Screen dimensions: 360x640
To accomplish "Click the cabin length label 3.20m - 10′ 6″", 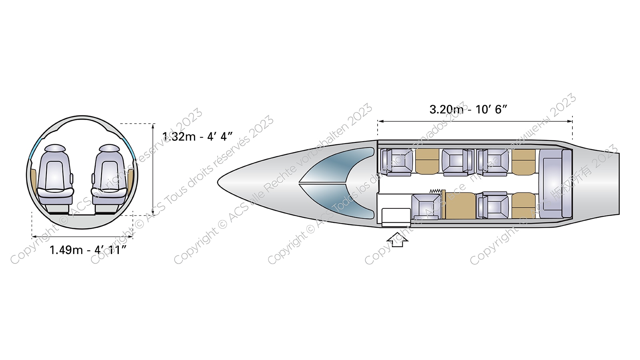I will click(x=468, y=109).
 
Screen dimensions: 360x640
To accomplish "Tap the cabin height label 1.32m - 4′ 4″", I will click(x=197, y=137).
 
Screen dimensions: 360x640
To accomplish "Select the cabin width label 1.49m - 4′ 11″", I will click(x=88, y=250).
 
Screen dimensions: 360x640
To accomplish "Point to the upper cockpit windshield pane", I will click(x=340, y=165).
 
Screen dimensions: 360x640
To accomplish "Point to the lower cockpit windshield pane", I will click(x=340, y=200).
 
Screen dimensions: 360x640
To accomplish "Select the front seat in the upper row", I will click(x=396, y=162).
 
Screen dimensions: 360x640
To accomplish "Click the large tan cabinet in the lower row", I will click(x=460, y=206).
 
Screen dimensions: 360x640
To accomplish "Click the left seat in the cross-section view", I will click(x=55, y=176).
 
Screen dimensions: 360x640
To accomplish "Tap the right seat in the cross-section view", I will click(x=109, y=176).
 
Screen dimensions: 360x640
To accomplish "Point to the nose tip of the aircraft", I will click(x=219, y=182).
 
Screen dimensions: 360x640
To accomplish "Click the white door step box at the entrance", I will click(x=394, y=216).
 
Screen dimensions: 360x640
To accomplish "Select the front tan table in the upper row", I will click(x=427, y=161).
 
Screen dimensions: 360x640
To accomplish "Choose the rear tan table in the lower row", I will click(x=523, y=206).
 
